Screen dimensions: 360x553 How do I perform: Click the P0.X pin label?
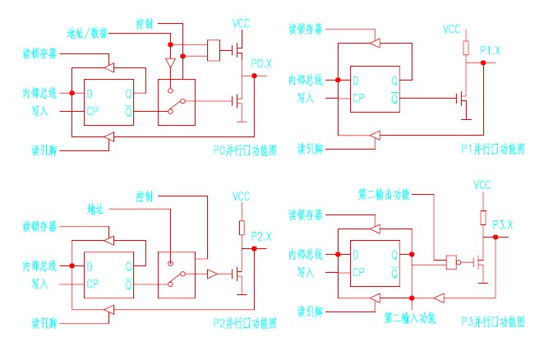262,63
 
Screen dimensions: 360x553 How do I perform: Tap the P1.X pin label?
491,51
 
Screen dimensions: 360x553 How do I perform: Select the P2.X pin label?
261,237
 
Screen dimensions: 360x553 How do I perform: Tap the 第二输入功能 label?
409,316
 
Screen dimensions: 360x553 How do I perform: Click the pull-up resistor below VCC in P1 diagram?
466,47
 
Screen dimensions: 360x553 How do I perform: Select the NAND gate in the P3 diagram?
450,262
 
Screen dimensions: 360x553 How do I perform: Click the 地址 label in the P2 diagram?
96,209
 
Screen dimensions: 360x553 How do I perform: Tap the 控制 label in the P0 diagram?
143,22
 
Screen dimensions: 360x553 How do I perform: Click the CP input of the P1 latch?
358,99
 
